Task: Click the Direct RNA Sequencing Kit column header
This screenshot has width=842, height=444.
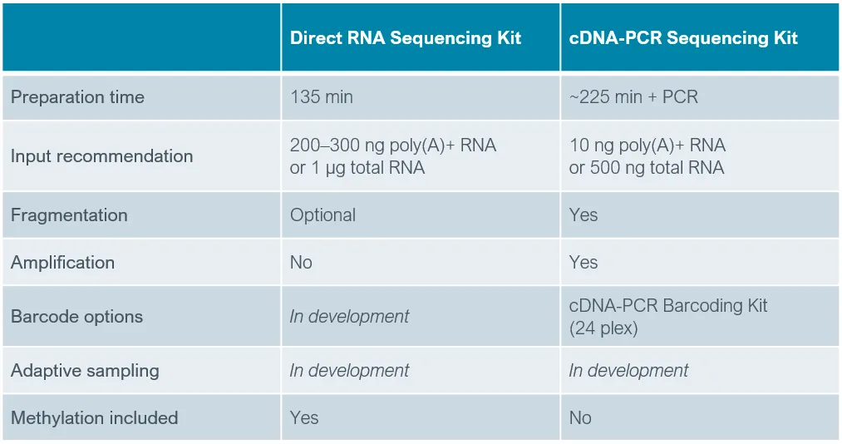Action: pyautogui.click(x=406, y=38)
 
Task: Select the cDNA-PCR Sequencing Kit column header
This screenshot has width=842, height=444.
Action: pyautogui.click(x=683, y=38)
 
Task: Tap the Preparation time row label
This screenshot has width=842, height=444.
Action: pyautogui.click(x=77, y=97)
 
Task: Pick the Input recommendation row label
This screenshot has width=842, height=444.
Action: pyautogui.click(x=101, y=156)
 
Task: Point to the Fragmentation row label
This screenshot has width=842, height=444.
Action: pyautogui.click(x=69, y=215)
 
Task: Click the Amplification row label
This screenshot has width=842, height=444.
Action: pyautogui.click(x=62, y=263)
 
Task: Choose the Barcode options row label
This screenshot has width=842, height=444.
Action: pyautogui.click(x=76, y=317)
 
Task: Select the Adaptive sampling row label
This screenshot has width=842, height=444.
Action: pyautogui.click(x=85, y=371)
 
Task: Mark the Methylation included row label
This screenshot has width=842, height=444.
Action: pyautogui.click(x=94, y=418)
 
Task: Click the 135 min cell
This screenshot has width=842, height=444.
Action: pyautogui.click(x=322, y=97)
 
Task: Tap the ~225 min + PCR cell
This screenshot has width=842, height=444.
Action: pyautogui.click(x=633, y=97)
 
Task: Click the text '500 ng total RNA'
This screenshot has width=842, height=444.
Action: pyautogui.click(x=657, y=168)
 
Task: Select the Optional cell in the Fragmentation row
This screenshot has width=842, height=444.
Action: pyautogui.click(x=323, y=215)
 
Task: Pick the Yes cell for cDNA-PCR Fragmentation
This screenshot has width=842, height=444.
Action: pyautogui.click(x=583, y=215)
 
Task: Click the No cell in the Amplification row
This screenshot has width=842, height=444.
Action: pyautogui.click(x=301, y=263)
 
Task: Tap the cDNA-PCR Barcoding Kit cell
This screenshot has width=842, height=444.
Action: pyautogui.click(x=668, y=306)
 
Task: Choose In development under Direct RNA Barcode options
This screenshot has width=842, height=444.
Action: pyautogui.click(x=349, y=317)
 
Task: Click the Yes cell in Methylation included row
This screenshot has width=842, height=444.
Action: pyautogui.click(x=304, y=418)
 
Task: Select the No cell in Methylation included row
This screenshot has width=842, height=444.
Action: pyautogui.click(x=580, y=418)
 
